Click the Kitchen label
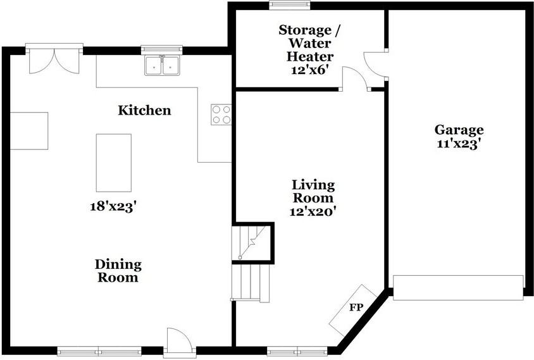click(144, 110)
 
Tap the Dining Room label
click(118, 271)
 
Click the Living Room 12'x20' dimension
click(313, 211)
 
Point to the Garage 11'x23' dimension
click(459, 144)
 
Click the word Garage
click(459, 130)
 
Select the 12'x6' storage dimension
click(309, 70)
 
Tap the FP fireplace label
click(357, 307)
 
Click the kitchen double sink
click(162, 65)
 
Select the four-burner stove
click(221, 115)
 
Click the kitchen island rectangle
click(114, 163)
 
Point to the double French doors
click(54, 61)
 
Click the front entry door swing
click(179, 340)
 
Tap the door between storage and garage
click(375, 65)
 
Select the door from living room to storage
click(356, 78)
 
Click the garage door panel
click(458, 288)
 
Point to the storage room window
click(290, 6)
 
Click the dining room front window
click(99, 351)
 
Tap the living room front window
click(297, 351)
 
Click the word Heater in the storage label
click(310, 56)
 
